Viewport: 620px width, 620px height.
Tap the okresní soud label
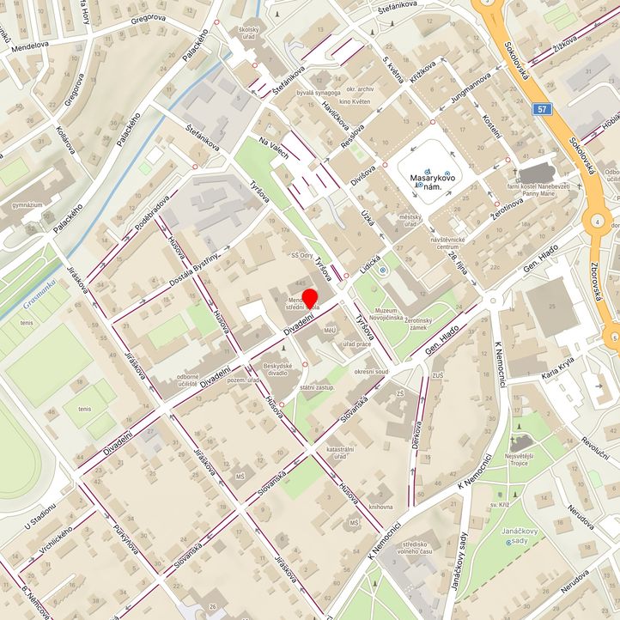[x=371, y=372]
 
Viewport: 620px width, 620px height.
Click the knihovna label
[x=380, y=507]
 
